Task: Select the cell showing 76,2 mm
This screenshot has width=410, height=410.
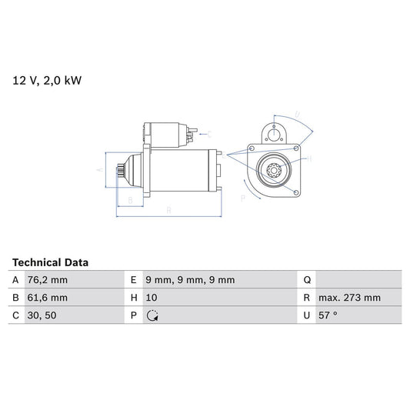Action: click(x=48, y=280)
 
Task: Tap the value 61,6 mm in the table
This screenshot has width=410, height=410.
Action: click(x=48, y=298)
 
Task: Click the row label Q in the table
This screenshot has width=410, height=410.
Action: click(x=307, y=280)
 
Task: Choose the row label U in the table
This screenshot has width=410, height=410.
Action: click(x=307, y=315)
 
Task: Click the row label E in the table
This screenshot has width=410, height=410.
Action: click(x=134, y=280)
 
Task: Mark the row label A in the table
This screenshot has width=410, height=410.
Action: click(x=15, y=280)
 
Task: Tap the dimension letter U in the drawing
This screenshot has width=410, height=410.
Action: click(x=298, y=117)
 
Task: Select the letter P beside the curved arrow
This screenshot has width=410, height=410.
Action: click(x=243, y=198)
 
